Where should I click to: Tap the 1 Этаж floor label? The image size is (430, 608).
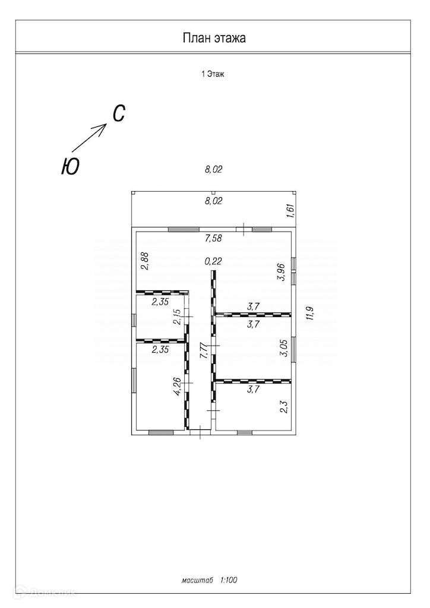click(213, 74)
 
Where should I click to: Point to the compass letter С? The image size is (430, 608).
click(118, 113)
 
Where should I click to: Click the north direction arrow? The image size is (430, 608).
click(90, 138)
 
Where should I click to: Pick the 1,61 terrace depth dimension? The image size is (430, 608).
click(290, 211)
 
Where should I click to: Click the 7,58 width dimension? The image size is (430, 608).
click(213, 239)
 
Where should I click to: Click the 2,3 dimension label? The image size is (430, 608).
click(283, 407)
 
